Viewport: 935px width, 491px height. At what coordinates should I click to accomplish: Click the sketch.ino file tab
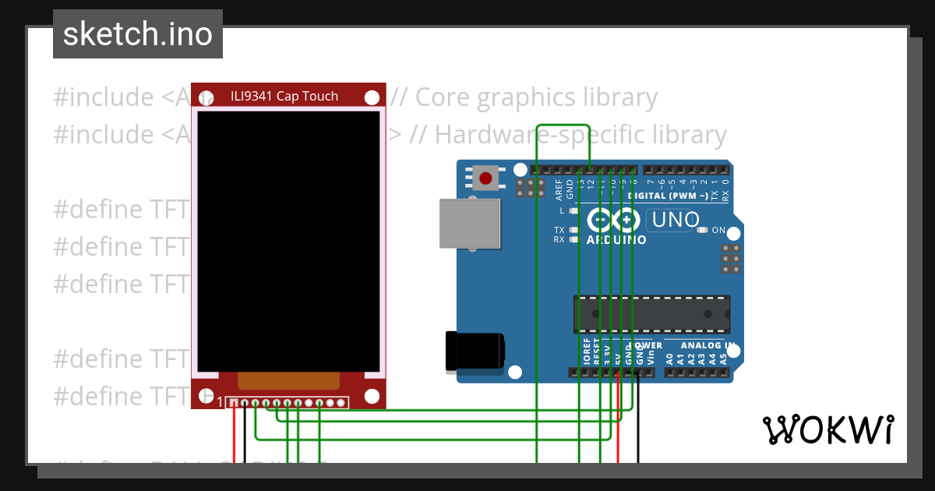click(x=138, y=34)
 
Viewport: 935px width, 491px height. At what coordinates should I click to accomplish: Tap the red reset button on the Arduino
click(x=485, y=178)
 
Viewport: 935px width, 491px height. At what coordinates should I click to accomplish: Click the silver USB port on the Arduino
click(x=470, y=224)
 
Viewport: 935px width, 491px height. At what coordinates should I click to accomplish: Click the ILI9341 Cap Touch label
click(x=284, y=97)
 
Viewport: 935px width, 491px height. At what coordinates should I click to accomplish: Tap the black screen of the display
click(x=288, y=241)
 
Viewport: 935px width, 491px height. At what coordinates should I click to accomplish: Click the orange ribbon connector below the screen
click(x=288, y=380)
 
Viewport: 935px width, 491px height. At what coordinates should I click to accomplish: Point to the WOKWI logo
click(x=827, y=429)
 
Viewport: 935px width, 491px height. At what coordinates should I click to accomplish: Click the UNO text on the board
click(x=675, y=221)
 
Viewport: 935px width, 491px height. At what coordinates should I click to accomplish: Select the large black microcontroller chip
click(x=651, y=313)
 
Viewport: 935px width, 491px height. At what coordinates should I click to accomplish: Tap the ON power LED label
click(x=718, y=231)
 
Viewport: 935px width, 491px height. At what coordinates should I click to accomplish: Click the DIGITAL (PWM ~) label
click(x=668, y=196)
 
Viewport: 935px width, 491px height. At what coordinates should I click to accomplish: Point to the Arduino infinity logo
click(x=616, y=221)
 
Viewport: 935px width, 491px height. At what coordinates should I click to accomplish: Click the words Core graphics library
click(x=537, y=97)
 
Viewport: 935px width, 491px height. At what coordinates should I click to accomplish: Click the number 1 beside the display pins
click(x=220, y=403)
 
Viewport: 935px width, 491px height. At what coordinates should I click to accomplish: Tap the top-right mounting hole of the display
click(x=372, y=97)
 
